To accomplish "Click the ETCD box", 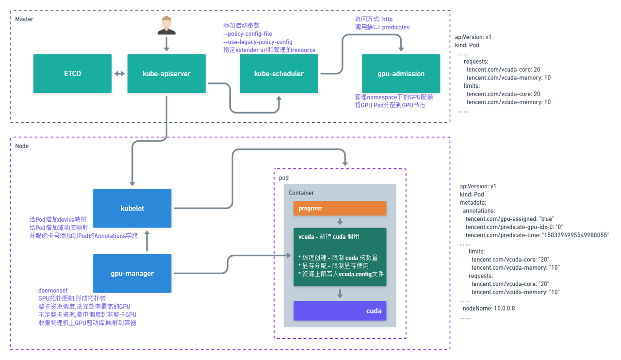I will click(x=72, y=74).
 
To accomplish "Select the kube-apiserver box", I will click(x=166, y=74).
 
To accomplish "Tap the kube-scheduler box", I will click(x=279, y=74).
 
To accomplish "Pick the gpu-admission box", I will click(x=401, y=74).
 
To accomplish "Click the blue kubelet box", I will click(x=132, y=208).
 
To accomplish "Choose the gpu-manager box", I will click(x=132, y=273).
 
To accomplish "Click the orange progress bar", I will click(x=340, y=208).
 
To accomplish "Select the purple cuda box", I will click(x=340, y=311).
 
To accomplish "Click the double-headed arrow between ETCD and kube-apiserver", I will click(x=119, y=74).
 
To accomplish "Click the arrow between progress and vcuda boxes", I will click(x=340, y=222).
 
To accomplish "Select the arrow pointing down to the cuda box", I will click(x=340, y=294).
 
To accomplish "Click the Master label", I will click(x=24, y=19).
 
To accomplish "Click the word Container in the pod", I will click(x=301, y=193).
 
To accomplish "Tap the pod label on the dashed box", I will click(x=284, y=178).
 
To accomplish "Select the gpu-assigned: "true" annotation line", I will click(x=509, y=219).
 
